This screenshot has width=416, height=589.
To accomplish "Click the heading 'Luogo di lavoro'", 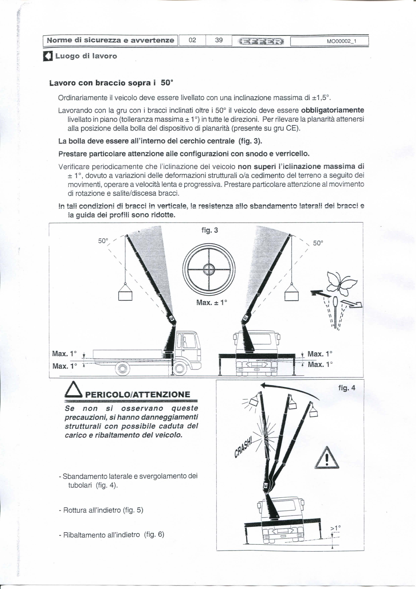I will click(x=86, y=56).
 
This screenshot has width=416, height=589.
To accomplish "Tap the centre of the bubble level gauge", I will click(x=209, y=269).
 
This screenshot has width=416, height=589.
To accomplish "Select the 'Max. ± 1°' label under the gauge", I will click(x=212, y=303).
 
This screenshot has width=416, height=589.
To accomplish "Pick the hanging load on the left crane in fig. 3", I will click(x=125, y=294).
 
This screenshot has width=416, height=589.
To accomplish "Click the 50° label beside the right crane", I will click(x=318, y=243).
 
